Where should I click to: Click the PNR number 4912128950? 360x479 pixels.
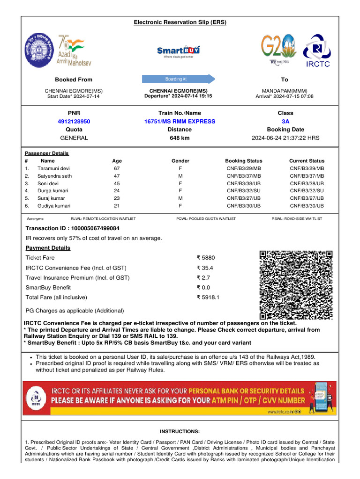pyautogui.click(x=74, y=121)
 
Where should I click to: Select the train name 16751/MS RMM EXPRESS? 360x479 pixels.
pyautogui.click(x=180, y=121)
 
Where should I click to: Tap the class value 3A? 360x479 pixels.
pyautogui.click(x=285, y=121)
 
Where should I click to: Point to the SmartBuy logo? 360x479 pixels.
pyautogui.click(x=178, y=51)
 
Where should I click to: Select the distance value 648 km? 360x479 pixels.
pyautogui.click(x=180, y=138)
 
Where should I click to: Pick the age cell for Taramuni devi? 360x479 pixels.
pyautogui.click(x=117, y=168)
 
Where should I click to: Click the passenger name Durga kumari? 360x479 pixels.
pyautogui.click(x=53, y=191)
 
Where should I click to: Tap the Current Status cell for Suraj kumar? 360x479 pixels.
pyautogui.click(x=307, y=198)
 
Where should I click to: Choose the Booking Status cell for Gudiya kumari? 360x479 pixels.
pyautogui.click(x=244, y=206)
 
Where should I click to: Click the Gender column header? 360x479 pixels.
pyautogui.click(x=180, y=161)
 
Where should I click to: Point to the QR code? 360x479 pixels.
pyautogui.click(x=296, y=285)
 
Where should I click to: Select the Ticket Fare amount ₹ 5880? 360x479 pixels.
pyautogui.click(x=205, y=258)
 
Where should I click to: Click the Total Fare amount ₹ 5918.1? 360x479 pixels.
pyautogui.click(x=208, y=297)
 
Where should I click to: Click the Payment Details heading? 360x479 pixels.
pyautogui.click(x=48, y=248)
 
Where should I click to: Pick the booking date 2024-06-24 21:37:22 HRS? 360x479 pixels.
pyautogui.click(x=285, y=138)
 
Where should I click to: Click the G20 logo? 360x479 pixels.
pyautogui.click(x=278, y=49)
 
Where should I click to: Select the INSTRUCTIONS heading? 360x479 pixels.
pyautogui.click(x=180, y=431)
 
